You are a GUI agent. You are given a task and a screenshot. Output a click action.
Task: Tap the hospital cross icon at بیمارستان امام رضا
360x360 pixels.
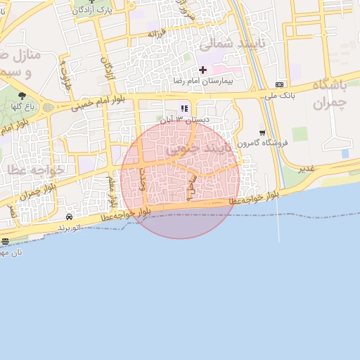tap(203, 70)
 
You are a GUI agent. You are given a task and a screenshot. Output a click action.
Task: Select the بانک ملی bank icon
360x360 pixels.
tap(280, 82)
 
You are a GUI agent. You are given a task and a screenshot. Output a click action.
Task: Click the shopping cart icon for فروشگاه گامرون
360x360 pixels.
tap(262, 132)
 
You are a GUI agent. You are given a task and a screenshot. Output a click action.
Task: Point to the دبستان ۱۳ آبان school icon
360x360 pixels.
tap(184, 108)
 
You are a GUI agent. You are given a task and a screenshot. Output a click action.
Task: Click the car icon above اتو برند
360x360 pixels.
tap(69, 217)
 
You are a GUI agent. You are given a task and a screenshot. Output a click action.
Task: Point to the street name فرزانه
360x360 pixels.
tap(157, 33)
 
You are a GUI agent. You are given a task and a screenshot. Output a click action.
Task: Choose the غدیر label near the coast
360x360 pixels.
tap(305, 169)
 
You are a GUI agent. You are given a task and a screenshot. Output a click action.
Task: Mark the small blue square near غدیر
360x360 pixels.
tap(345, 153)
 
